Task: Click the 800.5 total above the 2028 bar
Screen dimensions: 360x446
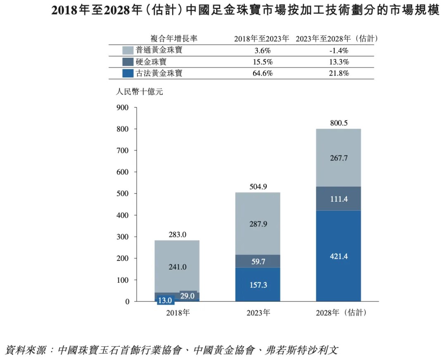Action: tap(339, 123)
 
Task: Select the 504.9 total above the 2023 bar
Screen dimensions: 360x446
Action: tap(258, 186)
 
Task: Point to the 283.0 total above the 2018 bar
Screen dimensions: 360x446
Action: tap(178, 234)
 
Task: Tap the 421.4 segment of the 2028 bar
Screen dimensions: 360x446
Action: tap(339, 256)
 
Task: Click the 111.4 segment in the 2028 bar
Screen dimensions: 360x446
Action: tap(339, 199)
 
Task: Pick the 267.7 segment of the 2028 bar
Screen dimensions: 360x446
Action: tap(339, 159)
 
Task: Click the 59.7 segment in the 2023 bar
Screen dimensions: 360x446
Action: tap(258, 261)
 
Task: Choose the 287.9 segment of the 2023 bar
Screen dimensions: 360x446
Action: tap(258, 224)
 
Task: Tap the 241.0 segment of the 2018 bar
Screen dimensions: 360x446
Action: tap(178, 267)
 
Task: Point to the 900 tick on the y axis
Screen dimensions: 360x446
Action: tap(123, 108)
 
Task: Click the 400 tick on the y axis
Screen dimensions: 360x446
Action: tap(123, 215)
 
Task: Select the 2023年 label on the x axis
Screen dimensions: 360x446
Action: tap(258, 313)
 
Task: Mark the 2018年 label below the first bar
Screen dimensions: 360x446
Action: tap(178, 313)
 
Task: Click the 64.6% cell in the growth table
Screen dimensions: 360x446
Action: tap(262, 74)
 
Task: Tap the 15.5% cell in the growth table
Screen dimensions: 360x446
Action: tap(262, 62)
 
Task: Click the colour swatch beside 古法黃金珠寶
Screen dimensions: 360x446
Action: tap(128, 74)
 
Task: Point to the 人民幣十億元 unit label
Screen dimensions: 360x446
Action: tap(139, 92)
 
